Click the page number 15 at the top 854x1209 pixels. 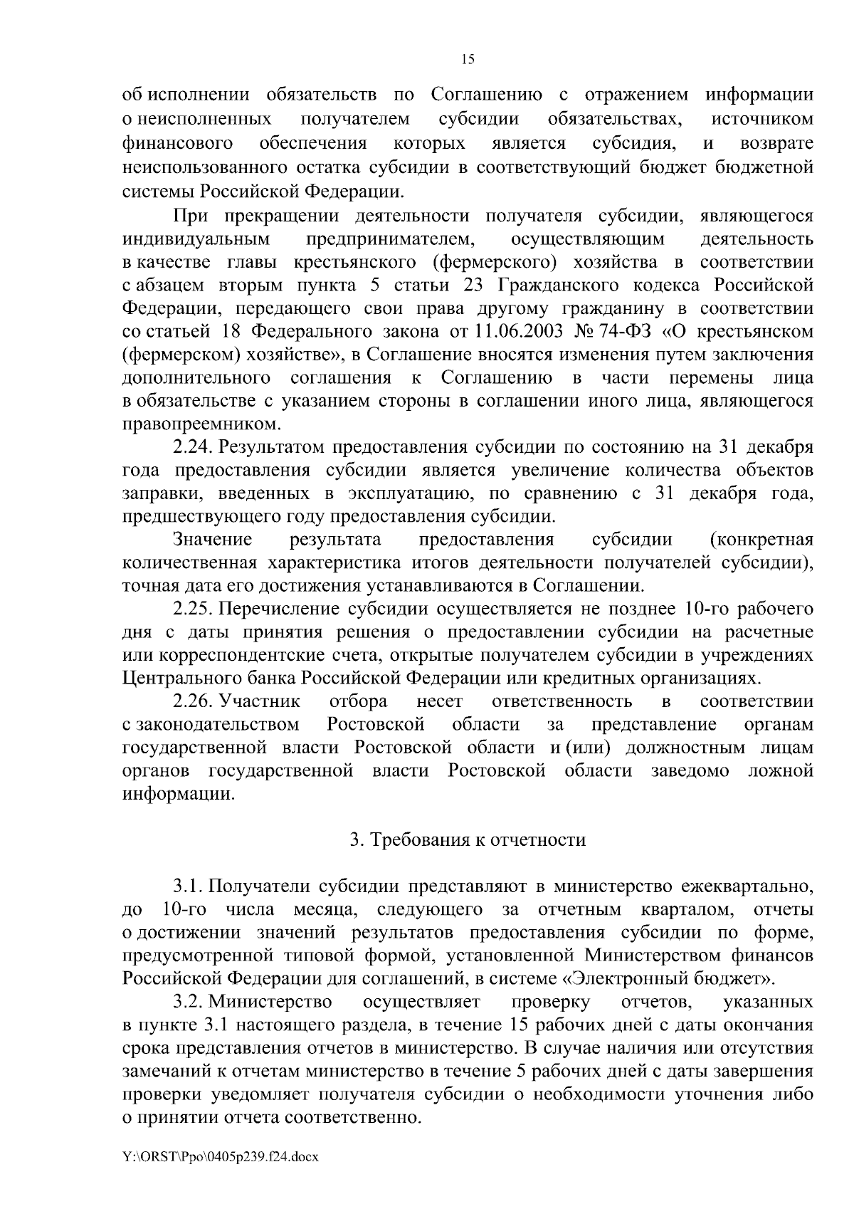[468, 60]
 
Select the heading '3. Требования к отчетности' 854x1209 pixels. [468, 840]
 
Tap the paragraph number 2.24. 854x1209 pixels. [194, 447]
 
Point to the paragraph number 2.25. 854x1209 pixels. [194, 609]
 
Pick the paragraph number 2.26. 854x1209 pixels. [194, 701]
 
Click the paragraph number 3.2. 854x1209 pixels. [189, 1002]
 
